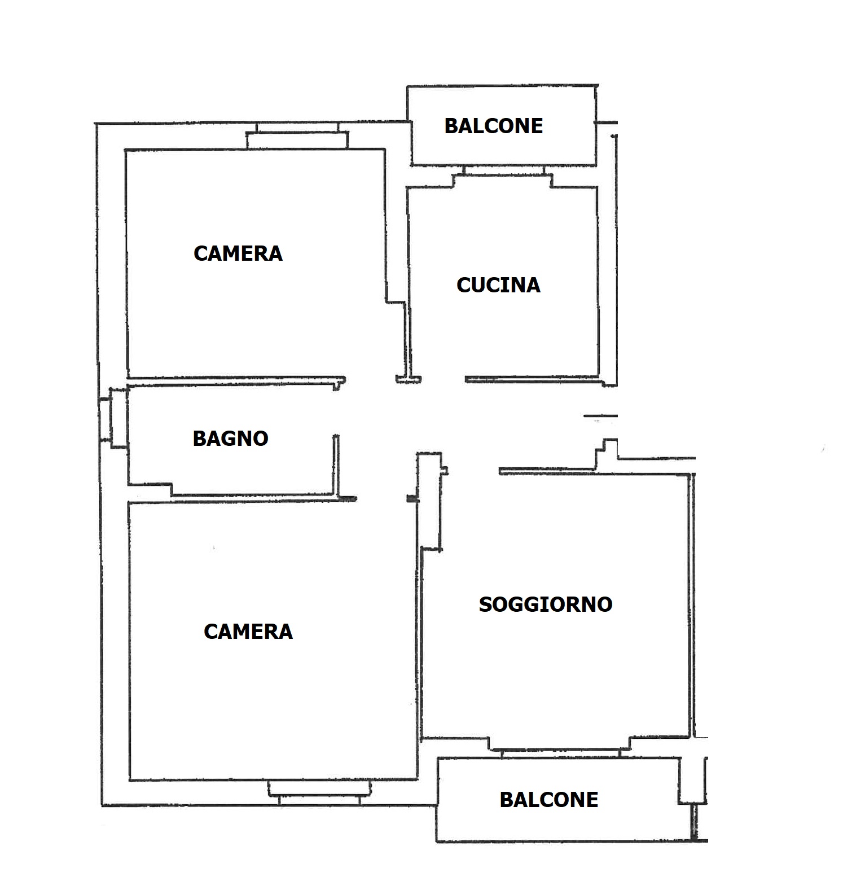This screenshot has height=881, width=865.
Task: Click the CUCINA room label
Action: tap(498, 285)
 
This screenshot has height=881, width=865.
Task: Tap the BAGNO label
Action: tap(230, 439)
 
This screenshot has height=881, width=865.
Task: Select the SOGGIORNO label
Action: tap(546, 604)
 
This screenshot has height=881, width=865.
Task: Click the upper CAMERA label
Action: tap(238, 253)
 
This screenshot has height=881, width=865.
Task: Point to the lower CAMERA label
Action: tap(248, 632)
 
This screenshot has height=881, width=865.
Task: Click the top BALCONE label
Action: tap(494, 126)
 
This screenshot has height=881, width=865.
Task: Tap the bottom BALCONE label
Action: tap(549, 800)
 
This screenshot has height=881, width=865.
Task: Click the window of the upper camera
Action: tap(297, 135)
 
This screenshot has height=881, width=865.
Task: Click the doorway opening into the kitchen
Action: tap(443, 380)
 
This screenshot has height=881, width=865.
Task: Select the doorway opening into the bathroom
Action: tap(336, 411)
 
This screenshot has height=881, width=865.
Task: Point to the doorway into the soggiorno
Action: tap(472, 470)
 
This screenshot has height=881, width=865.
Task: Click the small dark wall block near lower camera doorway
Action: tap(411, 498)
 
